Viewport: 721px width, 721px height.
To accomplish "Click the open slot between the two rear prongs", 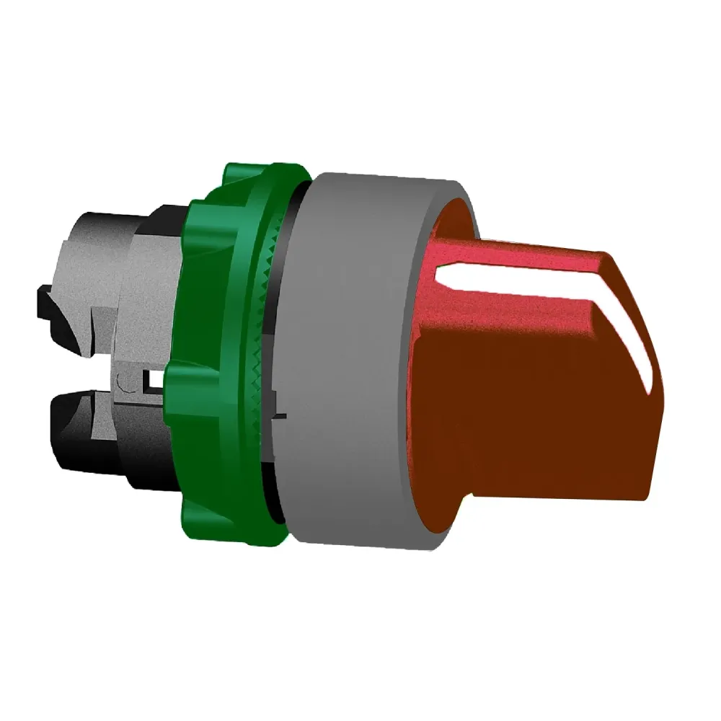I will pos(79,375).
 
